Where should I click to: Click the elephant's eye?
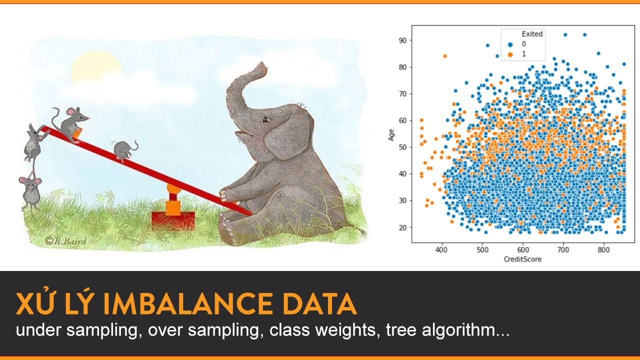[265, 119]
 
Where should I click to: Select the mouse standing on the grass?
[30, 190]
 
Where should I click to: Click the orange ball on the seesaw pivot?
[173, 189]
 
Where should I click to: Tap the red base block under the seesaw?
[173, 219]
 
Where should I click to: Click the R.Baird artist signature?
[65, 241]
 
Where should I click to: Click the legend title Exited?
[532, 34]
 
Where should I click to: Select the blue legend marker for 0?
[510, 44]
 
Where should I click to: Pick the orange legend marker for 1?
[510, 53]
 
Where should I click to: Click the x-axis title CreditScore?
[522, 259]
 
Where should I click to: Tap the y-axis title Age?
[392, 133]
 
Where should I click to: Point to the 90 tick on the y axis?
[402, 40]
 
